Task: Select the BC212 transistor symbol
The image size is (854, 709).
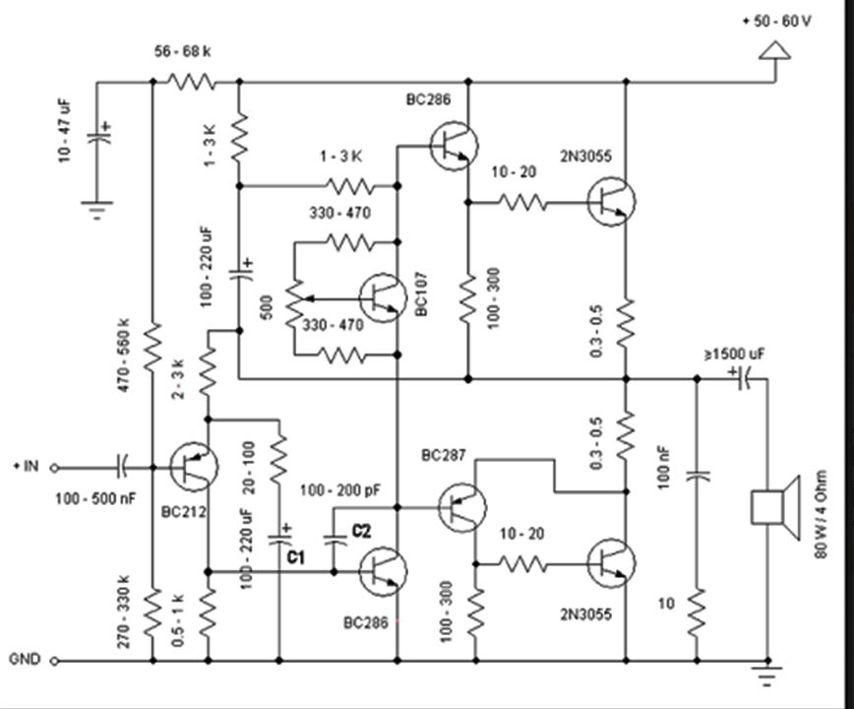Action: (193, 467)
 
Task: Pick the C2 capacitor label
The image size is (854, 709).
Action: (361, 532)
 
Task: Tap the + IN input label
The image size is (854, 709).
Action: (28, 467)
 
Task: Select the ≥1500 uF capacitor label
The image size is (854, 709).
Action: (732, 353)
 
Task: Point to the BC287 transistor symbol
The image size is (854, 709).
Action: (460, 508)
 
